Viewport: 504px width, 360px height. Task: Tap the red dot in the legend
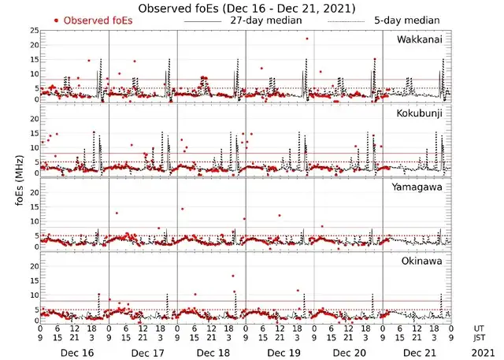(x=56, y=20)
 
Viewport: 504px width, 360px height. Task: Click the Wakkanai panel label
(x=420, y=38)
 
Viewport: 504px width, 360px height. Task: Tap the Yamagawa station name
(x=418, y=187)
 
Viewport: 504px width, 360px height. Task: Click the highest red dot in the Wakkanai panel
(x=307, y=39)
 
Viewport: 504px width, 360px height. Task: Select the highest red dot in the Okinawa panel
(x=232, y=276)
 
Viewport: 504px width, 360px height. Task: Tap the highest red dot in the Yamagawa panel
(x=182, y=209)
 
